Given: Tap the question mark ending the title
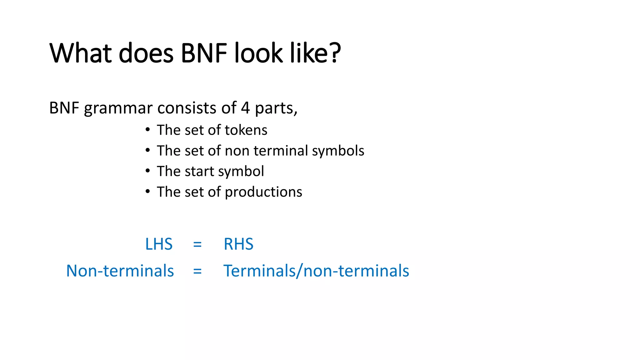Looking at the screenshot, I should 335,53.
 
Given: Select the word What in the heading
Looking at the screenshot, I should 81,53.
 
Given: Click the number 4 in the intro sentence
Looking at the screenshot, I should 245,108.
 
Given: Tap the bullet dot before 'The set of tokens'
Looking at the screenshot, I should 147,130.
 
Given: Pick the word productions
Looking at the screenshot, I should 263,192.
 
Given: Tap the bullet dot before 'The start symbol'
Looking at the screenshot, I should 147,171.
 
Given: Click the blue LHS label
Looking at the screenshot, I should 159,244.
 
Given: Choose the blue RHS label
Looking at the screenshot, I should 238,244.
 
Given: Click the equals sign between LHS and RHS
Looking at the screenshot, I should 197,244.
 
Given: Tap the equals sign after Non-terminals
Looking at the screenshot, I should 197,271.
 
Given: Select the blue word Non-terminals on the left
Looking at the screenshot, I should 120,271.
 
